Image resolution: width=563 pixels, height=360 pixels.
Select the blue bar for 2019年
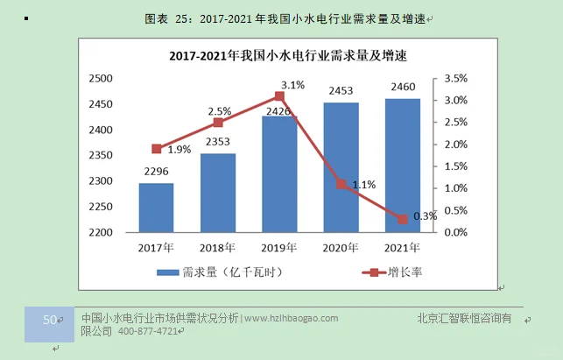coord(279,175)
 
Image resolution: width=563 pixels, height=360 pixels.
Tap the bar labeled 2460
coord(403,166)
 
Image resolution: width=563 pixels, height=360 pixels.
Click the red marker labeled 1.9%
coord(157,149)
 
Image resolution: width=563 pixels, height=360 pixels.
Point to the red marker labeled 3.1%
coord(279,96)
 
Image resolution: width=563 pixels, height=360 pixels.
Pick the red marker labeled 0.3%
coord(403,219)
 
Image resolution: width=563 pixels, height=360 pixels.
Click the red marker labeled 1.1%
coord(341,184)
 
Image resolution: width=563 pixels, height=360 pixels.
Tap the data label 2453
coord(341,91)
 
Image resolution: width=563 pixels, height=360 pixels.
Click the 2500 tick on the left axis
coord(102,79)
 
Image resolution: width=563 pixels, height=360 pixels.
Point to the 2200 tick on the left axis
coord(102,233)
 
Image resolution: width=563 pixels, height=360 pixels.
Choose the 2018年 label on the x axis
coord(218,249)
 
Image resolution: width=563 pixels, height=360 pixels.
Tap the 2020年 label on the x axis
coord(341,249)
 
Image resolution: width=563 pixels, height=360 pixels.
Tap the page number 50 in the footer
coord(49,320)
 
